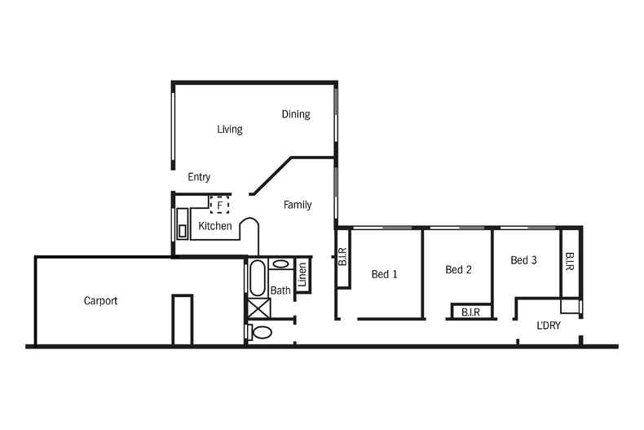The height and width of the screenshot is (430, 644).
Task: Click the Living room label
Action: pyautogui.click(x=229, y=129)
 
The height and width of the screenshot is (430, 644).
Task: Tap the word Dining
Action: pyautogui.click(x=296, y=114)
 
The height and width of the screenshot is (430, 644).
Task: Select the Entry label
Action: pyautogui.click(x=199, y=177)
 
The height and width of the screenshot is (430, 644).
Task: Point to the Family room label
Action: pyautogui.click(x=298, y=205)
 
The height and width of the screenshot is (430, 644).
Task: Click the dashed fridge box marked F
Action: pyautogui.click(x=219, y=204)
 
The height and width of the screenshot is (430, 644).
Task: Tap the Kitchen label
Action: pyautogui.click(x=215, y=226)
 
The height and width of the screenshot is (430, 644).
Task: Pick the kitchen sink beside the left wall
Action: pyautogui.click(x=182, y=224)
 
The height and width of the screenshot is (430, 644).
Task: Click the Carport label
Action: pyautogui.click(x=101, y=300)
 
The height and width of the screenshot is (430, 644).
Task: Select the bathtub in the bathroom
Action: pyautogui.click(x=256, y=277)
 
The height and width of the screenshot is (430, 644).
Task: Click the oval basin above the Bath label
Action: pyautogui.click(x=280, y=264)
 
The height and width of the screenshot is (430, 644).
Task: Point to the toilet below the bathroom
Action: pyautogui.click(x=261, y=332)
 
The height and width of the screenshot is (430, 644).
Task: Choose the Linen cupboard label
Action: pyautogui.click(x=302, y=275)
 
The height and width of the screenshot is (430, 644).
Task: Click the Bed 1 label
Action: pyautogui.click(x=384, y=274)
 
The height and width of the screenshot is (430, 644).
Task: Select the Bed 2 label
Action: pyautogui.click(x=459, y=270)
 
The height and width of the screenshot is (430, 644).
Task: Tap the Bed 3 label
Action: pyautogui.click(x=523, y=260)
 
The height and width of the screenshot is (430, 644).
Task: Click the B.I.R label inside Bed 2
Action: pyautogui.click(x=470, y=313)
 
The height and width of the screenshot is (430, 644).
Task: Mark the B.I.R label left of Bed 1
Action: pyautogui.click(x=343, y=257)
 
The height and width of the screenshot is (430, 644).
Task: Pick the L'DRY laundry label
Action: pyautogui.click(x=548, y=325)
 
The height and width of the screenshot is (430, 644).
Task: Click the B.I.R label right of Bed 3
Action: pyautogui.click(x=570, y=262)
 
